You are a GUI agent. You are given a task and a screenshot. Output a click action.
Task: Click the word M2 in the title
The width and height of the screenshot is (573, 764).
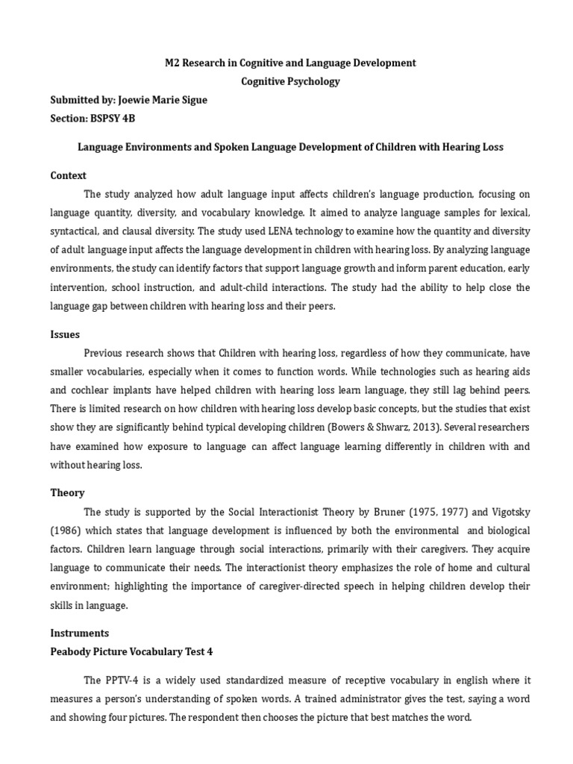click(x=172, y=63)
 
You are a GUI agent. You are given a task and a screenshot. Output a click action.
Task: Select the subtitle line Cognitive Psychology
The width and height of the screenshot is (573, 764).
click(x=290, y=81)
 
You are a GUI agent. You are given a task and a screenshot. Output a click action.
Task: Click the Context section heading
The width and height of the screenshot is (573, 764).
click(x=68, y=175)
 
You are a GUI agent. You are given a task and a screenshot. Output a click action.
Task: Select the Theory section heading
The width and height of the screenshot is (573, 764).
click(x=67, y=492)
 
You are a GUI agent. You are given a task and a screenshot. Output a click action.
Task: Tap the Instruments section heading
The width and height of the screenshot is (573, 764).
click(x=79, y=633)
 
